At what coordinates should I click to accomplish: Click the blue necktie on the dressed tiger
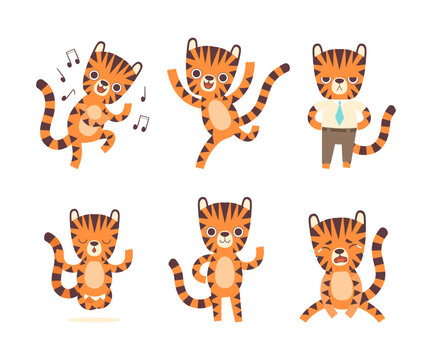click(339, 113)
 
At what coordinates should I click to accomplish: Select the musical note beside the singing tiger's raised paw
click(142, 122)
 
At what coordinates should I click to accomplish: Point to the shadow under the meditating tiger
click(94, 320)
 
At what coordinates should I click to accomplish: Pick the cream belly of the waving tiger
click(224, 272)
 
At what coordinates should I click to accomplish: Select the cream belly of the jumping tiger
click(218, 116)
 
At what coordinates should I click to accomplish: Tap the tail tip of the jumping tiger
click(284, 68)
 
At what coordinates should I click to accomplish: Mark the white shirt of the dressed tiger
click(327, 113)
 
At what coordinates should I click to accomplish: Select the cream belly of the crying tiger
click(342, 285)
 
